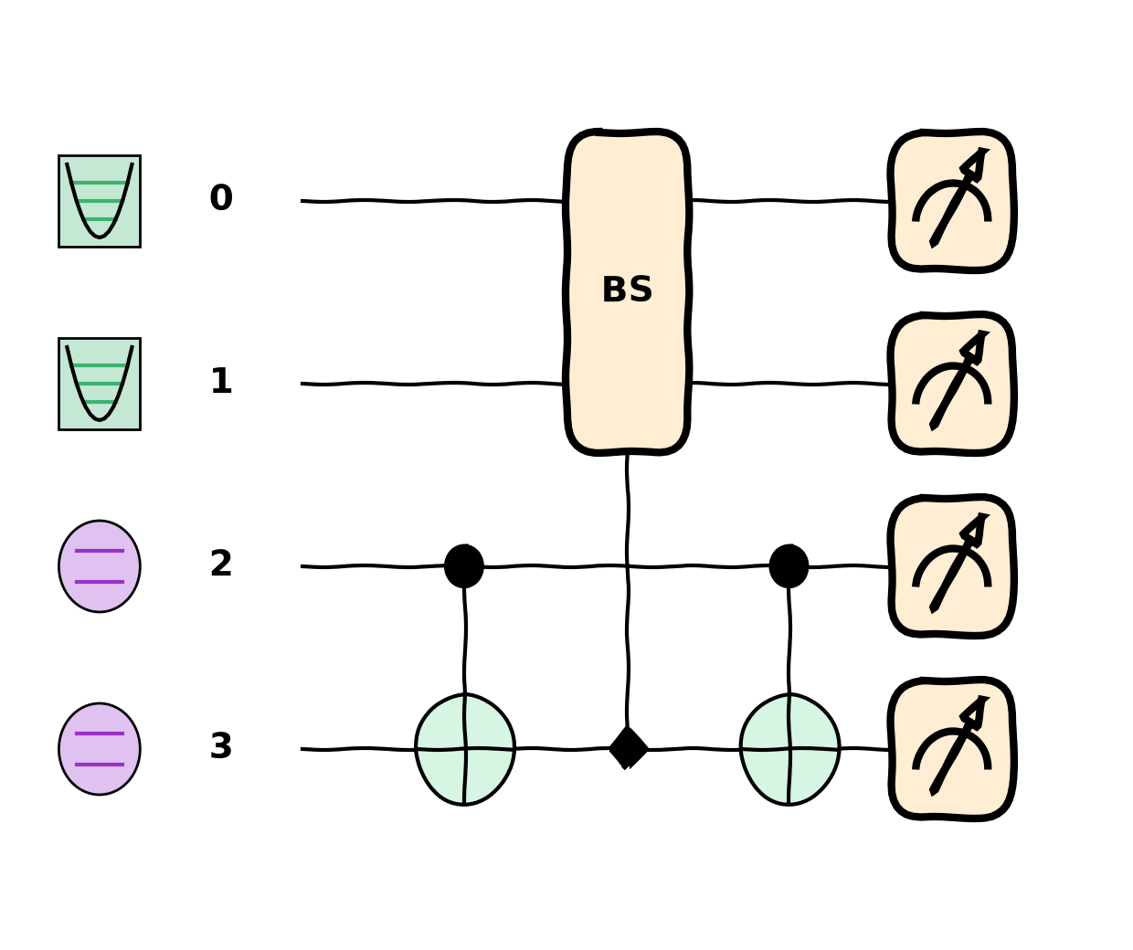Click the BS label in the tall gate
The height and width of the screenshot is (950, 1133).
tap(627, 290)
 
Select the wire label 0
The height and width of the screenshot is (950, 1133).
tap(221, 197)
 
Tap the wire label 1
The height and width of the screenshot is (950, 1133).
tap(221, 381)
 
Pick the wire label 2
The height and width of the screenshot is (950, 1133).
tap(221, 564)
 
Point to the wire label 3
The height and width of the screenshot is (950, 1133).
tap(221, 746)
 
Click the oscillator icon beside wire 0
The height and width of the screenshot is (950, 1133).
tap(100, 201)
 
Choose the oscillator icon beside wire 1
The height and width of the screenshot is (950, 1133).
tap(100, 385)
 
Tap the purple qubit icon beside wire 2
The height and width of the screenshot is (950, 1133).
tap(100, 566)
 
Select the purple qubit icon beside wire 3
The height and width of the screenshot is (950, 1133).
tap(100, 749)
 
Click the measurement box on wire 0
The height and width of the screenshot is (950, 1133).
tap(952, 201)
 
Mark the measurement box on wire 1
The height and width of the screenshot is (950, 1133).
tap(952, 384)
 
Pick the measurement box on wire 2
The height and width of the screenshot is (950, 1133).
tap(952, 566)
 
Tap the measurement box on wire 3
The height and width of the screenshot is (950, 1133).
tap(952, 749)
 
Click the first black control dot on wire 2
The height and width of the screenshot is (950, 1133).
tap(464, 565)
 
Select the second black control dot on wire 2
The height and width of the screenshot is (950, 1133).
tap(789, 565)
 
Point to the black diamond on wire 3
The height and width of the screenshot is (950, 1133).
tap(628, 748)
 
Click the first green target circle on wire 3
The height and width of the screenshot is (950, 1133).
tap(465, 749)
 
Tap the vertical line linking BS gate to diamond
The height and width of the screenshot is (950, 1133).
tap(628, 591)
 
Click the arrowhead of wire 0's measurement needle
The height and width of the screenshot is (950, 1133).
tap(977, 162)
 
